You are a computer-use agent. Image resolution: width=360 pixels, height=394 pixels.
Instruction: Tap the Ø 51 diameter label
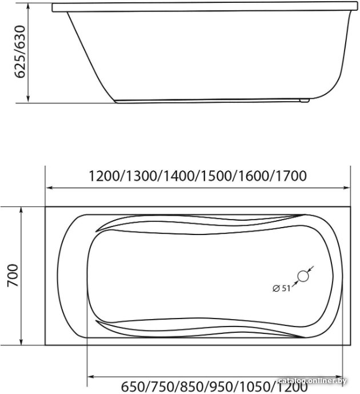click(x=282, y=288)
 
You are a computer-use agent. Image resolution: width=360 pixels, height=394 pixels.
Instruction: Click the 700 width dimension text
click(x=13, y=275)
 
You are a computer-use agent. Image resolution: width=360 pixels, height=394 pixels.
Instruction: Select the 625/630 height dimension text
click(x=20, y=52)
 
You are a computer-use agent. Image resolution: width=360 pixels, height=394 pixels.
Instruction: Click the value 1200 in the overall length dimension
click(x=104, y=176)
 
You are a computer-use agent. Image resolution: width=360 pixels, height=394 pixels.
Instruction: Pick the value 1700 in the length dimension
click(x=291, y=176)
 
